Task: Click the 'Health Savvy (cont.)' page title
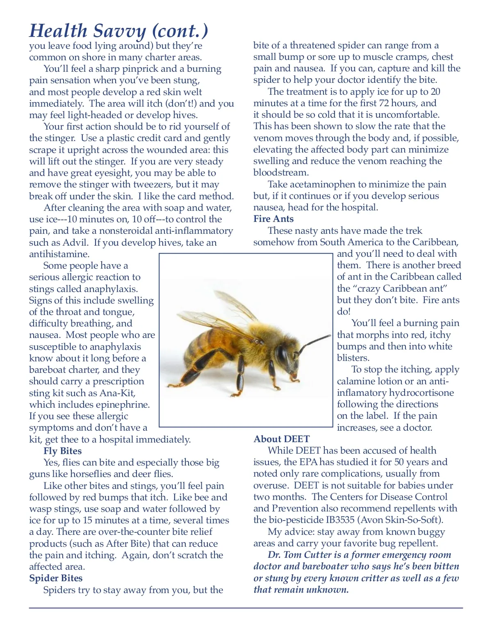coord(118,31)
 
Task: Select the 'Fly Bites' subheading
coord(62,451)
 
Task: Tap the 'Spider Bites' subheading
coord(56,578)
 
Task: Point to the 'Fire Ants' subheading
coord(273,219)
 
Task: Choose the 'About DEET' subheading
coord(282,439)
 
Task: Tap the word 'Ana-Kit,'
coord(118,393)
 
